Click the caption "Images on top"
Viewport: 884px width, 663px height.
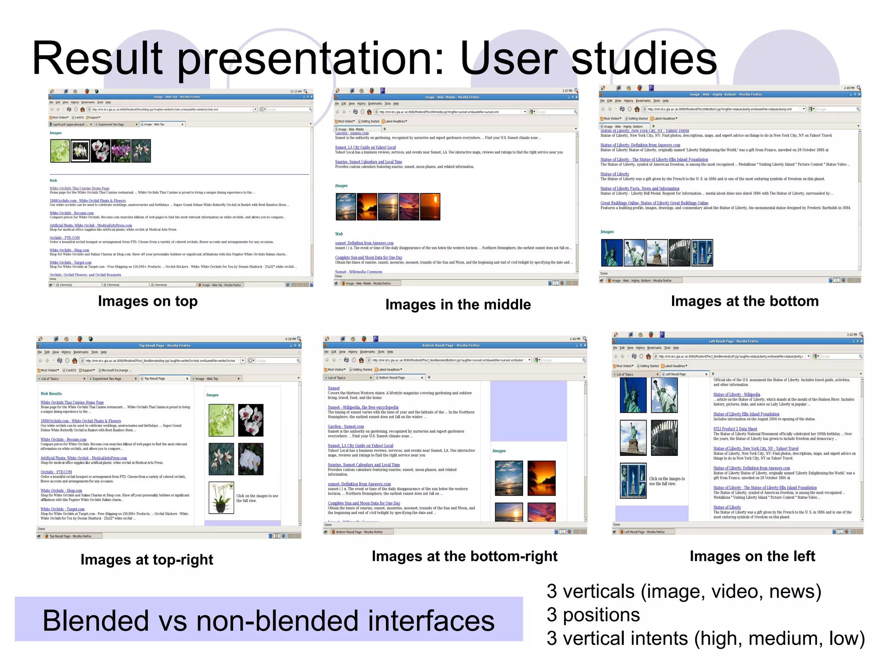coord(148,301)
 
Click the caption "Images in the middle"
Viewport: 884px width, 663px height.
coord(458,305)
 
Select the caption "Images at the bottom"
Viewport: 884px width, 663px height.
coord(745,301)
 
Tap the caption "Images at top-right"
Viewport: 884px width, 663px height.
coord(147,560)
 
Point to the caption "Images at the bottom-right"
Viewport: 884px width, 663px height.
coord(464,556)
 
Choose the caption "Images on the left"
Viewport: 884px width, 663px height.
coord(752,556)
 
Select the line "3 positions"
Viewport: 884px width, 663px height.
coord(593,615)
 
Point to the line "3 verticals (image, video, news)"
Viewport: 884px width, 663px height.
coord(684,592)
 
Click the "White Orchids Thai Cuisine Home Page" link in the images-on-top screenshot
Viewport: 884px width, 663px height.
coord(79,188)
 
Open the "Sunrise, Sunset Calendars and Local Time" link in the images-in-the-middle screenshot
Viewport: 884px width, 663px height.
coord(368,162)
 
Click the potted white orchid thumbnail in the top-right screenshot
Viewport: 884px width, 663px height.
coord(221,498)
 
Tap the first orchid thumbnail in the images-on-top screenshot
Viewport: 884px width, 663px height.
coord(60,151)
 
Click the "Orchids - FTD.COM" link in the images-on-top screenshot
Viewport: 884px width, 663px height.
coord(65,238)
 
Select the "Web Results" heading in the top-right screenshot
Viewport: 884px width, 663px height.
coord(51,394)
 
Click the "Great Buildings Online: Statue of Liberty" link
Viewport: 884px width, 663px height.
coord(654,203)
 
